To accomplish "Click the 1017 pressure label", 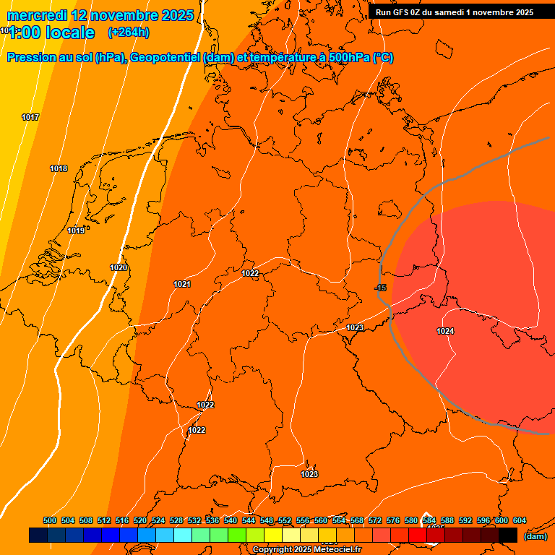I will click(30, 117).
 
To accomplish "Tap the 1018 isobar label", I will click(59, 168).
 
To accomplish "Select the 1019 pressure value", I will click(76, 231).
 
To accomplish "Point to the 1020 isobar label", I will click(119, 267).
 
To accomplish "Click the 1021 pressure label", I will click(182, 284).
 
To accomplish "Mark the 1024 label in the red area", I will click(445, 331).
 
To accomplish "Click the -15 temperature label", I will click(380, 288).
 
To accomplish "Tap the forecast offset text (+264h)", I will click(129, 33).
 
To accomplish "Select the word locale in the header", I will click(69, 33).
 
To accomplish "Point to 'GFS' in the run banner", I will click(401, 12).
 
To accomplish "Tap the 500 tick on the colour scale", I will click(50, 520).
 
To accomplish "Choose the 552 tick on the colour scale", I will click(285, 520).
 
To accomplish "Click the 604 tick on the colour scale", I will click(520, 520).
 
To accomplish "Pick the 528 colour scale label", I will click(176, 520).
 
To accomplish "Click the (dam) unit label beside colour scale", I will click(535, 536).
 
